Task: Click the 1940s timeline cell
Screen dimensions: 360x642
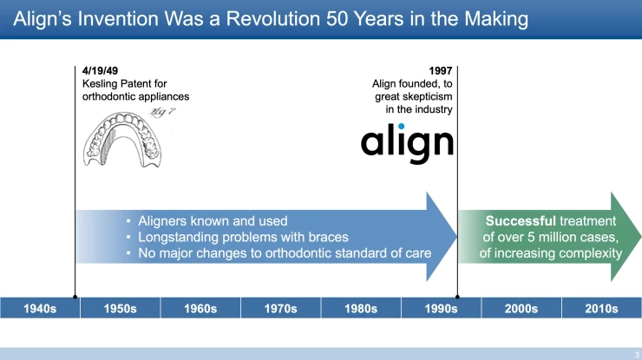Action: (x=40, y=308)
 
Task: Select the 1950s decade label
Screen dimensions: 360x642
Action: (x=120, y=308)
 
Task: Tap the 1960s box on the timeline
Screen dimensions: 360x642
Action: (x=200, y=308)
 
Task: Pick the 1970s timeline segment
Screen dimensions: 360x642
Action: (x=280, y=308)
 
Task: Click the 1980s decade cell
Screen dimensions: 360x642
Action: (x=361, y=308)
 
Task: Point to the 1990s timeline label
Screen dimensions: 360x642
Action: (x=441, y=308)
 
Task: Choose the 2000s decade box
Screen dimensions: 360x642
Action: (x=521, y=308)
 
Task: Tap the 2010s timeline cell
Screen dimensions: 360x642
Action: (x=601, y=308)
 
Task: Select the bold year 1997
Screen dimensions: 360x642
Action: (x=441, y=70)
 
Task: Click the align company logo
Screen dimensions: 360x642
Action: (x=407, y=142)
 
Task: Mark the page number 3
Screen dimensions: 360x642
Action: (x=636, y=353)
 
